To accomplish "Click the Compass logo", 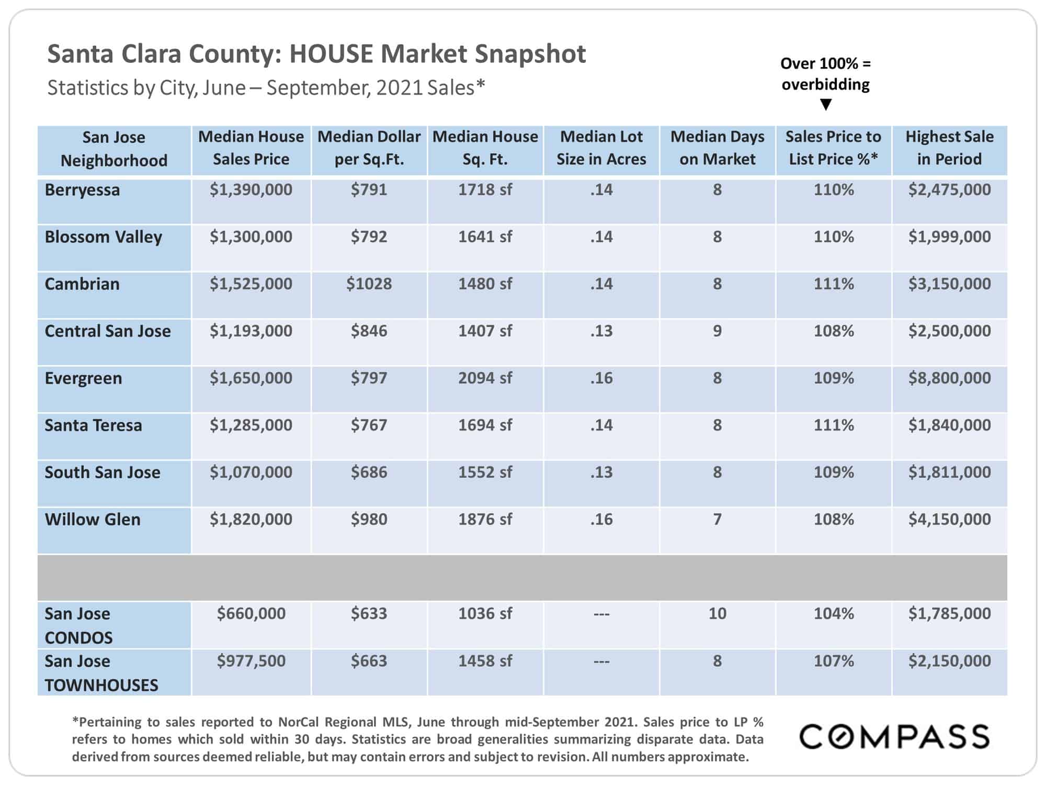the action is tap(894, 737).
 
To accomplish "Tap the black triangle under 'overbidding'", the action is tap(826, 105).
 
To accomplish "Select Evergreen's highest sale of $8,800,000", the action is tap(949, 378).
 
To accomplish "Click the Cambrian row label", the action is tap(82, 284).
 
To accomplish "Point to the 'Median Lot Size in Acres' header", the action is tap(601, 148).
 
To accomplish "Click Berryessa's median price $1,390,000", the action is tap(251, 189).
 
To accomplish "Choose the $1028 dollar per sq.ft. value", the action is tap(369, 284).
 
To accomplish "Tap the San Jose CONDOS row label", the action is tap(78, 625).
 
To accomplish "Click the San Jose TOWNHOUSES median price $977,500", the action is tap(251, 661).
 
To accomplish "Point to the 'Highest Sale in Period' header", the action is tap(949, 148).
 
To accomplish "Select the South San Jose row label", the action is tap(103, 472).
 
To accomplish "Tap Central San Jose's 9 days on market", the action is tap(717, 331).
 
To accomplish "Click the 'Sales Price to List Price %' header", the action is tap(833, 148).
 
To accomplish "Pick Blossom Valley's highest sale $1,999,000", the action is tap(949, 237).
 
